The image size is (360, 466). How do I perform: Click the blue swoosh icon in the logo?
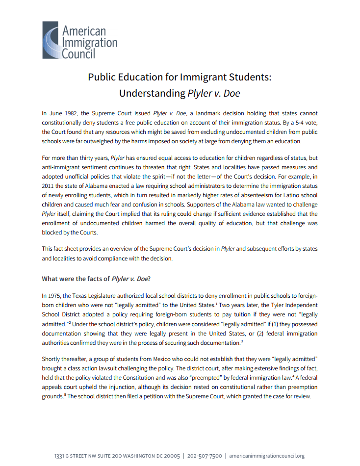pyautogui.click(x=51, y=40)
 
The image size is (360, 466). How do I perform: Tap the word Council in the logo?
pyautogui.click(x=78, y=53)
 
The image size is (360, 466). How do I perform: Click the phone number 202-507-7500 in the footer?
pyautogui.click(x=206, y=456)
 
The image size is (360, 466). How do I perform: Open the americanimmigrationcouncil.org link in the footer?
pyautogui.click(x=267, y=456)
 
